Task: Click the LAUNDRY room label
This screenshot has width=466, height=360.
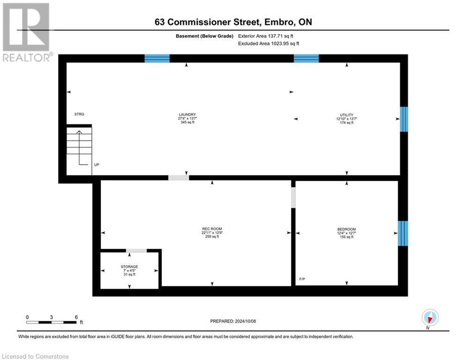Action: (x=187, y=115)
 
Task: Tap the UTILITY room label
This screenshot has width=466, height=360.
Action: (x=347, y=115)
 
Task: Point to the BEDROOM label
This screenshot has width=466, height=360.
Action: (x=347, y=229)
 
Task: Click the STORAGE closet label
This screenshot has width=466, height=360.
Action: (x=129, y=267)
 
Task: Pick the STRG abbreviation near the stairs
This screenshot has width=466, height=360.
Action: (x=79, y=114)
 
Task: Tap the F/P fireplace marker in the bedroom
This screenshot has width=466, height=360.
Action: (x=302, y=279)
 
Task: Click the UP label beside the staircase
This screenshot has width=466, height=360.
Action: (x=96, y=165)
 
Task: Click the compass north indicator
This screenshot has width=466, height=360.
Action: (x=429, y=317)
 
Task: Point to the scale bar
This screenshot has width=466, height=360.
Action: (x=52, y=322)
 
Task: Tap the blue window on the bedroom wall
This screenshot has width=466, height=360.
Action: (x=403, y=233)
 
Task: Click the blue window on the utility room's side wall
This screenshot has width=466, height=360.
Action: (x=404, y=119)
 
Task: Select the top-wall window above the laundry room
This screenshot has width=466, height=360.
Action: (x=157, y=59)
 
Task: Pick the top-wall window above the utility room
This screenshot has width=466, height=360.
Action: (x=306, y=59)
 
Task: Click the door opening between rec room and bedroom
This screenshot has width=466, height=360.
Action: (x=294, y=197)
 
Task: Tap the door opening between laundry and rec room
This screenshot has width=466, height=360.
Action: (x=178, y=178)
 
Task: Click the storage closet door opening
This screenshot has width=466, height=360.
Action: (x=136, y=251)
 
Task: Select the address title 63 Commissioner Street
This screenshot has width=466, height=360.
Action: (x=233, y=22)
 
